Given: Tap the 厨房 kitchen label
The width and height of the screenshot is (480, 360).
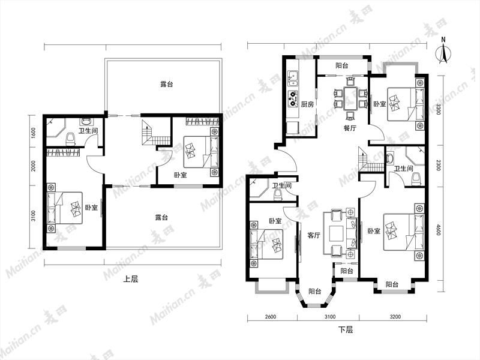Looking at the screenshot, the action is click(x=307, y=104).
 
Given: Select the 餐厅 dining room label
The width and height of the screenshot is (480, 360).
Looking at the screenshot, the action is click(x=350, y=128).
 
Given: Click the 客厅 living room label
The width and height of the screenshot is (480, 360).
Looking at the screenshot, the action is click(x=314, y=235).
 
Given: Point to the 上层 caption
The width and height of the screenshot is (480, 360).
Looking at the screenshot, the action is click(x=131, y=279).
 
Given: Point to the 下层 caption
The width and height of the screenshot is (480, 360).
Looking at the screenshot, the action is click(x=346, y=329).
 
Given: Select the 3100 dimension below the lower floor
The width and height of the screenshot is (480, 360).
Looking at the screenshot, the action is click(x=329, y=317).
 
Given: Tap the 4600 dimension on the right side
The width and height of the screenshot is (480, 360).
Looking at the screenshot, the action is click(x=438, y=230).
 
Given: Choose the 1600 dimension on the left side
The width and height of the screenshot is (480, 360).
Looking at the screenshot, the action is click(x=34, y=133).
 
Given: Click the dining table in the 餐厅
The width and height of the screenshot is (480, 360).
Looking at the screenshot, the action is click(x=350, y=98).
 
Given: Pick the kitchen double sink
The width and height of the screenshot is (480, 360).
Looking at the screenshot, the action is click(x=292, y=78).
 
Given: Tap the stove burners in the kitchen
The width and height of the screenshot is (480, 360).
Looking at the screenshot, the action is click(x=292, y=99).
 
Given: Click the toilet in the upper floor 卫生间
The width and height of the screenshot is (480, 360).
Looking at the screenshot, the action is click(x=71, y=139).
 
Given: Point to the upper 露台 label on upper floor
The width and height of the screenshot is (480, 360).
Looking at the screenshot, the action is click(x=167, y=84).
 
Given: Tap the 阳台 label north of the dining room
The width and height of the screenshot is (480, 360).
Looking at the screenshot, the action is click(x=341, y=65).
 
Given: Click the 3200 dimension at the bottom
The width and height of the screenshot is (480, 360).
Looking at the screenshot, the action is click(x=395, y=317).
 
